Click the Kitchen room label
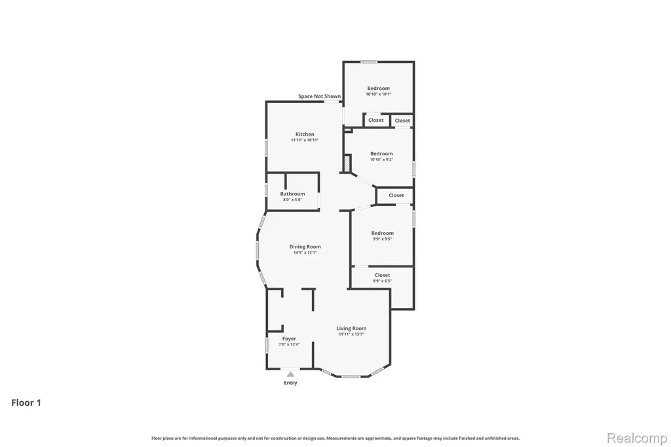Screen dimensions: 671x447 coord(305,134)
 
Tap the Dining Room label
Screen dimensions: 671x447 coord(305,246)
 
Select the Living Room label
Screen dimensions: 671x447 coord(351,328)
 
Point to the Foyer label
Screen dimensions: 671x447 coord(289,339)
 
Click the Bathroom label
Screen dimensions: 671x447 coord(292,194)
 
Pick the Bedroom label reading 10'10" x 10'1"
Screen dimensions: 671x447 coord(378,88)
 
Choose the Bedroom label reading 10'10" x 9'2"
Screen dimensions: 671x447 coord(381,154)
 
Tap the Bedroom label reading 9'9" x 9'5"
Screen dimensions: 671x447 coord(382,233)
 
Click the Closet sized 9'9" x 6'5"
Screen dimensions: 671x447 coord(382,275)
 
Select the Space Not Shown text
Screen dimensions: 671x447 coord(320,96)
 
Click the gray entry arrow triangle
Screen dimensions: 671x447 coord(290,374)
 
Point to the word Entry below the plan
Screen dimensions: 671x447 coord(290,383)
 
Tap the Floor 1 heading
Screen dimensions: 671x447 coord(26,402)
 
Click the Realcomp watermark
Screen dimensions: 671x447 coord(637,438)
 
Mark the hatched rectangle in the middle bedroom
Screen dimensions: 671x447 coord(347,164)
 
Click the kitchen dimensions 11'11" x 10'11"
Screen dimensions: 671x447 coord(305,140)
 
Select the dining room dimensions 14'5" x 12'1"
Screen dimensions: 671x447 coord(305,252)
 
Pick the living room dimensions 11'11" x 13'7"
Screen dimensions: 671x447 coord(351,334)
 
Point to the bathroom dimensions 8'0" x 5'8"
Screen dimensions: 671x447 coord(292,199)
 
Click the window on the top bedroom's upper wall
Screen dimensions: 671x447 coord(368,62)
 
